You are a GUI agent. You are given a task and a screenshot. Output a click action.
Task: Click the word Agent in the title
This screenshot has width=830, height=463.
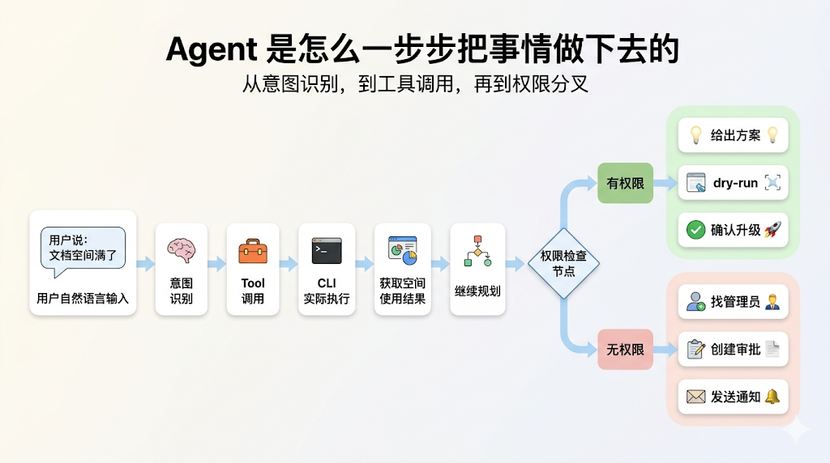(x=211, y=49)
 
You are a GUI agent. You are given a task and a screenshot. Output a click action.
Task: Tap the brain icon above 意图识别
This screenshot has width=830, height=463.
(x=182, y=251)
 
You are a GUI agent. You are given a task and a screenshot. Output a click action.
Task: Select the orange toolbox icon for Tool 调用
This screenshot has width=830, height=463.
(x=253, y=251)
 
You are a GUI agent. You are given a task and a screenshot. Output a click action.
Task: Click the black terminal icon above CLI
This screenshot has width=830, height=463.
(x=327, y=251)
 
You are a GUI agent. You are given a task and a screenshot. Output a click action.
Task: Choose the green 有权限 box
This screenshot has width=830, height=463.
(x=626, y=183)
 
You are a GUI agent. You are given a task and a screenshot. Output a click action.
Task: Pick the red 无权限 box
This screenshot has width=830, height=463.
(x=626, y=350)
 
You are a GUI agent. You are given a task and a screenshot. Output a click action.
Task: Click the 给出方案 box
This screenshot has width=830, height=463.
(x=734, y=135)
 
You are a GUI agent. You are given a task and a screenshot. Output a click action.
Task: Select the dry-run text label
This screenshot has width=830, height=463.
(x=735, y=183)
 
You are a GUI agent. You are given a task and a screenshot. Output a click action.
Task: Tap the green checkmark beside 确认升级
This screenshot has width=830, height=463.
(x=695, y=230)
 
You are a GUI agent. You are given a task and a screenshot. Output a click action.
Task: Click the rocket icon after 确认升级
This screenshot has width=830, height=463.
(x=772, y=230)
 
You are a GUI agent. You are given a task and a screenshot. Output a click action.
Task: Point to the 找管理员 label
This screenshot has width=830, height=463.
(x=735, y=302)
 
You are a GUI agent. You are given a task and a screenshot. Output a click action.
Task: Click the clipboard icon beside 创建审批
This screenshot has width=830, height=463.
(x=695, y=350)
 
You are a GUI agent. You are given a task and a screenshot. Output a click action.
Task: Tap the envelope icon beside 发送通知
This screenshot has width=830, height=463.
(x=695, y=397)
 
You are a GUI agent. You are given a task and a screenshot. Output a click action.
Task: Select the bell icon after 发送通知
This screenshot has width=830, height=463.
(x=772, y=397)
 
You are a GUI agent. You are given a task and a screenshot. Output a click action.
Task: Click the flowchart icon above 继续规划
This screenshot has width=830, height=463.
(x=477, y=252)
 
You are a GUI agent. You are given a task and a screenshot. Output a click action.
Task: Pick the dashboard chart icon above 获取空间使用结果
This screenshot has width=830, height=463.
(x=402, y=250)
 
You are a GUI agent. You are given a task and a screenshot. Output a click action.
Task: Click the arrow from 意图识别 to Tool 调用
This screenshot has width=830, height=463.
(x=217, y=264)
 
